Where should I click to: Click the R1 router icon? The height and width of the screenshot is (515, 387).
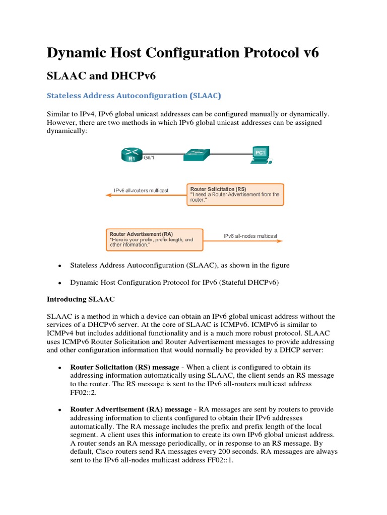(x=132, y=155)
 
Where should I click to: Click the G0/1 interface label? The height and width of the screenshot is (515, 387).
(x=150, y=157)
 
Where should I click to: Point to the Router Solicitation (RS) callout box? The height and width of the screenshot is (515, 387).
(x=235, y=194)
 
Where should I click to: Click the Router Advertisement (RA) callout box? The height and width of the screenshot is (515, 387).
(x=156, y=239)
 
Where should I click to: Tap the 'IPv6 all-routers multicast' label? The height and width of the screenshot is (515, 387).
(x=141, y=191)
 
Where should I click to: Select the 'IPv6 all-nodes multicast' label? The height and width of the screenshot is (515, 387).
(x=250, y=236)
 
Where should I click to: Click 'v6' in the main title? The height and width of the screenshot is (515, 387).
(x=309, y=52)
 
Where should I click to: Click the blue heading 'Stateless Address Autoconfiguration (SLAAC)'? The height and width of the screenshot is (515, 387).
(x=134, y=95)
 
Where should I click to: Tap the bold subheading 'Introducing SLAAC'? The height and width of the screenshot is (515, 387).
(x=81, y=299)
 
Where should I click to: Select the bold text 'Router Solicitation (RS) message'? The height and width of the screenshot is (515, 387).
(x=129, y=367)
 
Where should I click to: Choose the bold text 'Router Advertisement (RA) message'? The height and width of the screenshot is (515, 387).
(x=131, y=409)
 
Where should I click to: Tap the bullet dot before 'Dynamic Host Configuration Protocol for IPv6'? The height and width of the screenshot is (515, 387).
(x=59, y=283)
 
